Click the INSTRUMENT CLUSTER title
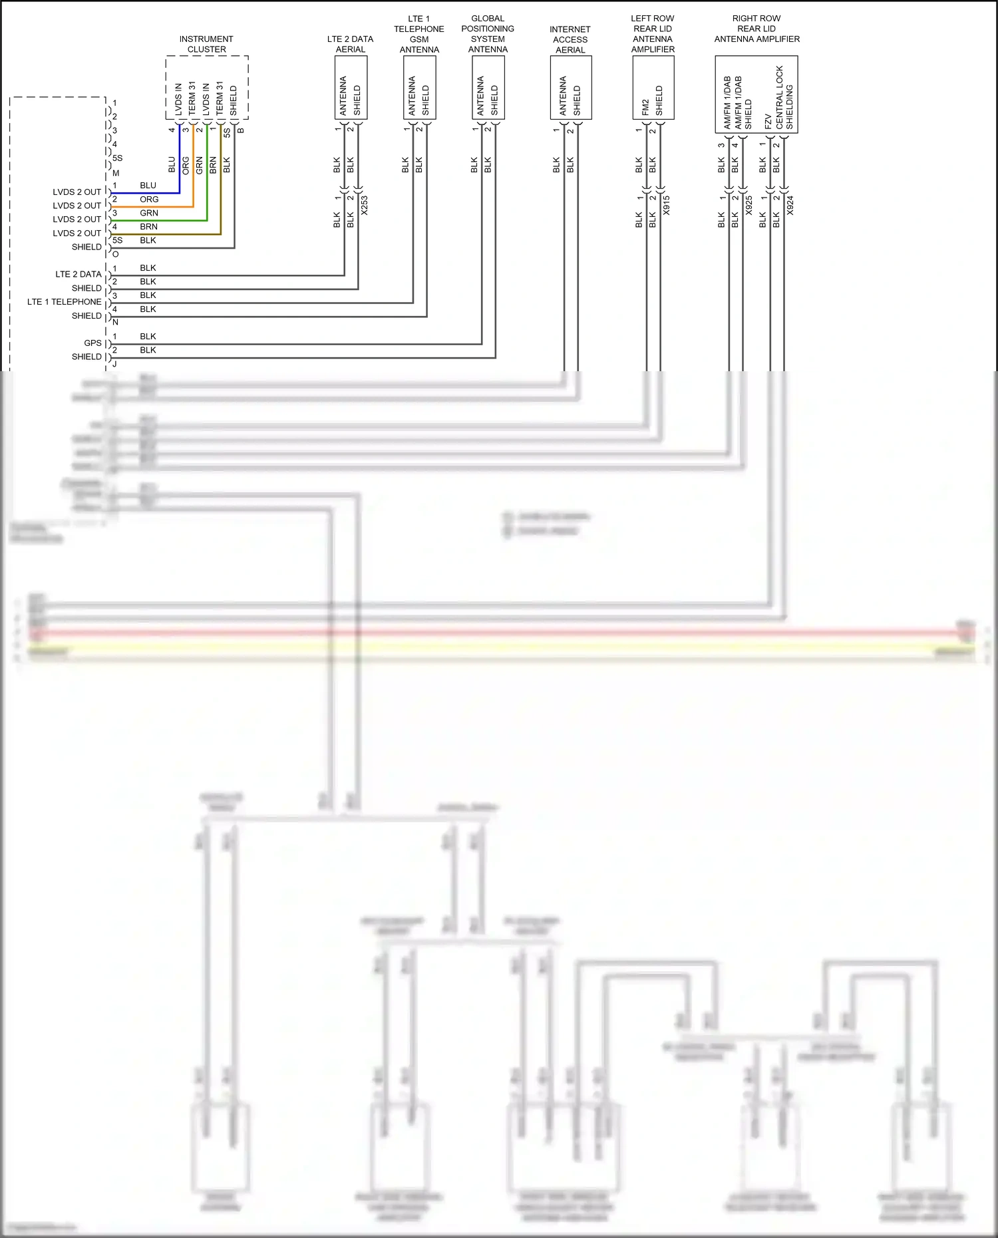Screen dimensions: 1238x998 (x=206, y=44)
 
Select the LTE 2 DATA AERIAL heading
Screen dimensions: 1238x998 (x=350, y=44)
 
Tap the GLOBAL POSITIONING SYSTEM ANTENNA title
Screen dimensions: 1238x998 (x=488, y=34)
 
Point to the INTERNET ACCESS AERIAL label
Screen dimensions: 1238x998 (x=570, y=39)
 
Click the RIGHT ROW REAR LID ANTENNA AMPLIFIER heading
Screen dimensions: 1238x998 (x=756, y=29)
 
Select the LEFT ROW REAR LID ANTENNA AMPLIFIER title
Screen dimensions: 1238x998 (x=653, y=34)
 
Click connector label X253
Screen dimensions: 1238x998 (x=365, y=205)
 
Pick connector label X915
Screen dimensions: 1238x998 (x=667, y=205)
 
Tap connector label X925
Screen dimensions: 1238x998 (x=749, y=205)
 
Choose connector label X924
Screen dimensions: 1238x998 (x=790, y=205)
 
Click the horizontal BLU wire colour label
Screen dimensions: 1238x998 (x=148, y=186)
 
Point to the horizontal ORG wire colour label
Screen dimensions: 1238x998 (x=149, y=200)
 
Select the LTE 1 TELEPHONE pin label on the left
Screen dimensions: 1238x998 (x=64, y=302)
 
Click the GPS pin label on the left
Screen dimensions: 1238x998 (x=92, y=343)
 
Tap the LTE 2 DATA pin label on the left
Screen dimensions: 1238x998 (x=78, y=274)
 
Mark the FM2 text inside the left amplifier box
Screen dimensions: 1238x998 (x=645, y=107)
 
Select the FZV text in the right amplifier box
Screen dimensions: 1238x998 (x=768, y=121)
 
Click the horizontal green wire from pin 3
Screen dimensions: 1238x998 (x=160, y=220)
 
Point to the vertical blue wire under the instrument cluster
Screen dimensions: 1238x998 (x=180, y=160)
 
